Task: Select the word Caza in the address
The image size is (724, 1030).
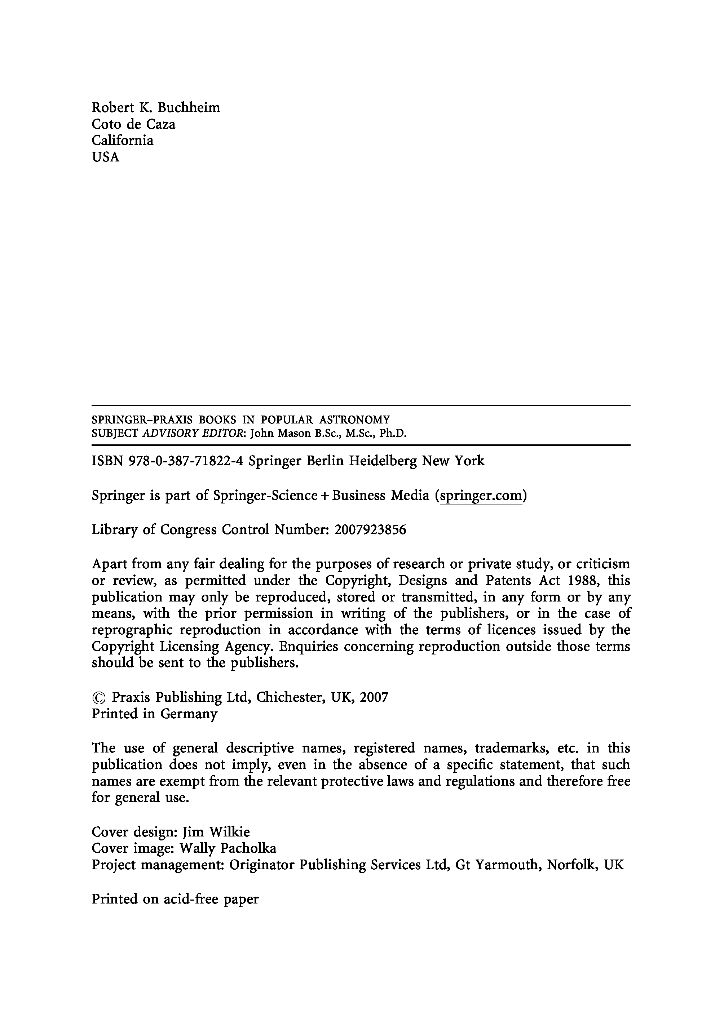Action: pyautogui.click(x=161, y=124)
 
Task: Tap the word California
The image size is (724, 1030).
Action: pyautogui.click(x=123, y=141)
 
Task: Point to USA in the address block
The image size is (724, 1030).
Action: pyautogui.click(x=106, y=157)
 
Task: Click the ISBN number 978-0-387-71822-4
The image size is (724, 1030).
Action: pyautogui.click(x=186, y=461)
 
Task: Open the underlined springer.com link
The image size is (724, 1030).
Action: pyautogui.click(x=481, y=496)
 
